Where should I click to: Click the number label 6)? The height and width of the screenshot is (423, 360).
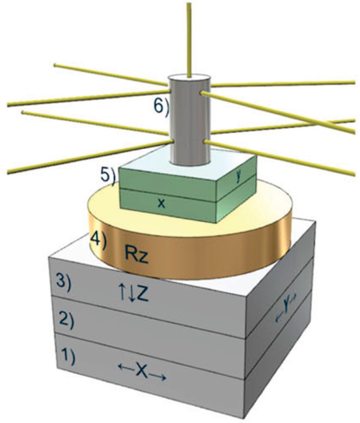161,106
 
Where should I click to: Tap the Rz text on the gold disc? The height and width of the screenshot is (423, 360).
137,256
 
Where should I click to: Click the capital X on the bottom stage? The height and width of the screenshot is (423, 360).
142,373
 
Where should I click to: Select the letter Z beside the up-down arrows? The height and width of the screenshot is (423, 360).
142,295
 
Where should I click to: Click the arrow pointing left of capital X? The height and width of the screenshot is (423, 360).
126,367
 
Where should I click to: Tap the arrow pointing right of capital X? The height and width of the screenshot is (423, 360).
158,377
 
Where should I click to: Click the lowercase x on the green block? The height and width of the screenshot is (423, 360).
161,203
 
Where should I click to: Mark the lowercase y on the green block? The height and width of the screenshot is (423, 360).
238,177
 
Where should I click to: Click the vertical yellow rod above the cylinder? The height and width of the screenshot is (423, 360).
190,41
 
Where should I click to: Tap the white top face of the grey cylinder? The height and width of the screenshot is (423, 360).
189,78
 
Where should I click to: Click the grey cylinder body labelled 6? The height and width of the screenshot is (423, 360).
189,122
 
